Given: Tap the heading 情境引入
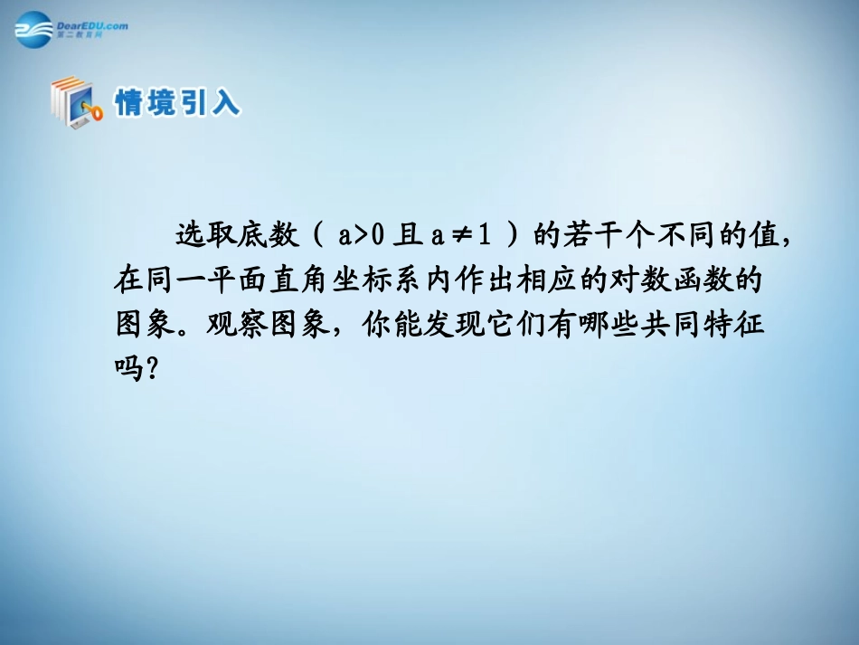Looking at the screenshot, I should click(x=177, y=102).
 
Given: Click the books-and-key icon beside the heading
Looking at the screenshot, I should click(x=75, y=102).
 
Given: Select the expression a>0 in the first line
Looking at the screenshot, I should click(x=363, y=237).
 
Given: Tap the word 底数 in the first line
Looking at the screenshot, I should click(x=268, y=237).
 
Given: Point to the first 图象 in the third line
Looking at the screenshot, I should click(x=146, y=324).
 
